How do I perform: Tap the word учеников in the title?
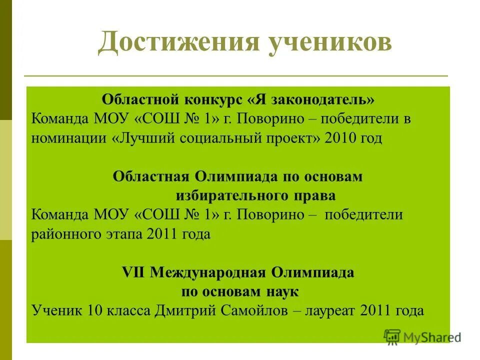(331, 43)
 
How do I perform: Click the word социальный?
(215, 138)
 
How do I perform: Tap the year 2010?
(341, 138)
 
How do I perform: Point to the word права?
(317, 195)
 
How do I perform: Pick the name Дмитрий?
(185, 310)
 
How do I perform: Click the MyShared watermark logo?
(422, 337)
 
